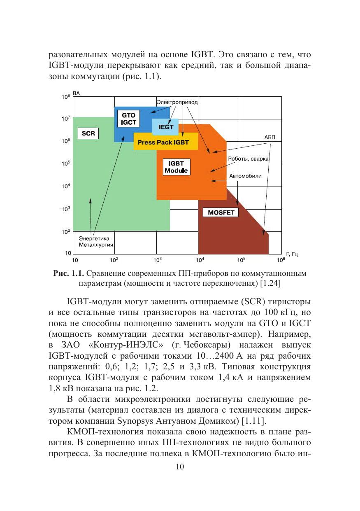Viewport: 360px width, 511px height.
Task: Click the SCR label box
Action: coord(88,133)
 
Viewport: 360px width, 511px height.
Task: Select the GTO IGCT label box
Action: coord(128,119)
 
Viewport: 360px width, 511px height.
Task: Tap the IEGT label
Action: coord(166,127)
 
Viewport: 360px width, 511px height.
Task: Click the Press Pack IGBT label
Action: coord(163,142)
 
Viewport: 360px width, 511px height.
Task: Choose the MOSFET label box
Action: coord(221,212)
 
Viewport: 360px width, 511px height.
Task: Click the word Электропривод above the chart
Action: coord(177,101)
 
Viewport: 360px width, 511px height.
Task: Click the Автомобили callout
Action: coord(245,176)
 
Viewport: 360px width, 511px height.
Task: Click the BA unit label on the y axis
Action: coord(77,94)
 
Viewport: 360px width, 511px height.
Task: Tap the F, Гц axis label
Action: coord(292,254)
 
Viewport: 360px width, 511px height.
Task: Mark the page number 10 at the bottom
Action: coord(180,467)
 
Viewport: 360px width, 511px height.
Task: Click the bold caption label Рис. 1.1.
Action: coord(68,273)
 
